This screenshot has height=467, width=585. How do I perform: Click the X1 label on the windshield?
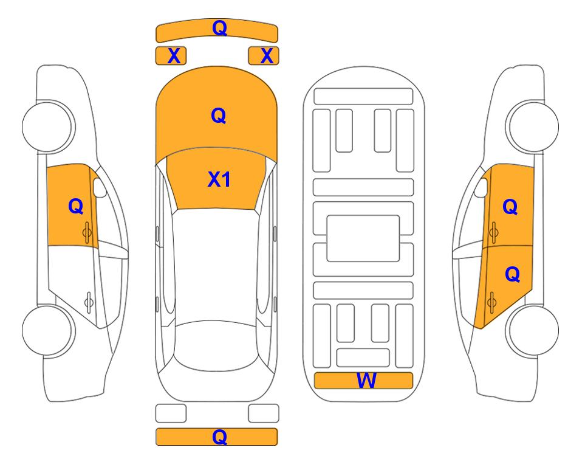(x=219, y=179)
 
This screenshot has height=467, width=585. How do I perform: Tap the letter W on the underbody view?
(x=366, y=381)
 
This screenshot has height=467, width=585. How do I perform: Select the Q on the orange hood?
(x=219, y=116)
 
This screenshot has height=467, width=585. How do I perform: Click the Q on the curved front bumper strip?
(x=220, y=28)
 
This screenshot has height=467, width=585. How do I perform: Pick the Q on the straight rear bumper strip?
(x=220, y=437)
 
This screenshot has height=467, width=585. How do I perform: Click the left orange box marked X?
(x=171, y=56)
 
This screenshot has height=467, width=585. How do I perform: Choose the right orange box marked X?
(x=264, y=56)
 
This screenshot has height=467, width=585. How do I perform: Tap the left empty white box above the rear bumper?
(x=171, y=413)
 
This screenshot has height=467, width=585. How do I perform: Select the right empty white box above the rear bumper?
(x=264, y=413)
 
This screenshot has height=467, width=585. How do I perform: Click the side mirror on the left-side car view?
(x=100, y=187)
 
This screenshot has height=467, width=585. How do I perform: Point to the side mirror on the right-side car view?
(x=481, y=187)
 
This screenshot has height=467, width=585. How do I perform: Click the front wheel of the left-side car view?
(x=48, y=126)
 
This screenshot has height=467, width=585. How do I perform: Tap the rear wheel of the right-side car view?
(x=532, y=330)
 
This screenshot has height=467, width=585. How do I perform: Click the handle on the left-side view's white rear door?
(x=89, y=302)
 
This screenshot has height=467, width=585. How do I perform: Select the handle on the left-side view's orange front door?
(x=87, y=233)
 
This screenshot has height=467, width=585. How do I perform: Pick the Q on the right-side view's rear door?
(x=513, y=275)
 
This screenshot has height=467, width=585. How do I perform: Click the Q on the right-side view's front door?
(x=510, y=207)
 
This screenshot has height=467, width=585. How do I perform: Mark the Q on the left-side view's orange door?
(x=76, y=206)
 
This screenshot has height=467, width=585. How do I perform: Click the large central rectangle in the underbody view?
(x=363, y=238)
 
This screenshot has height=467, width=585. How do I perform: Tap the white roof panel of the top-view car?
(x=216, y=265)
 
